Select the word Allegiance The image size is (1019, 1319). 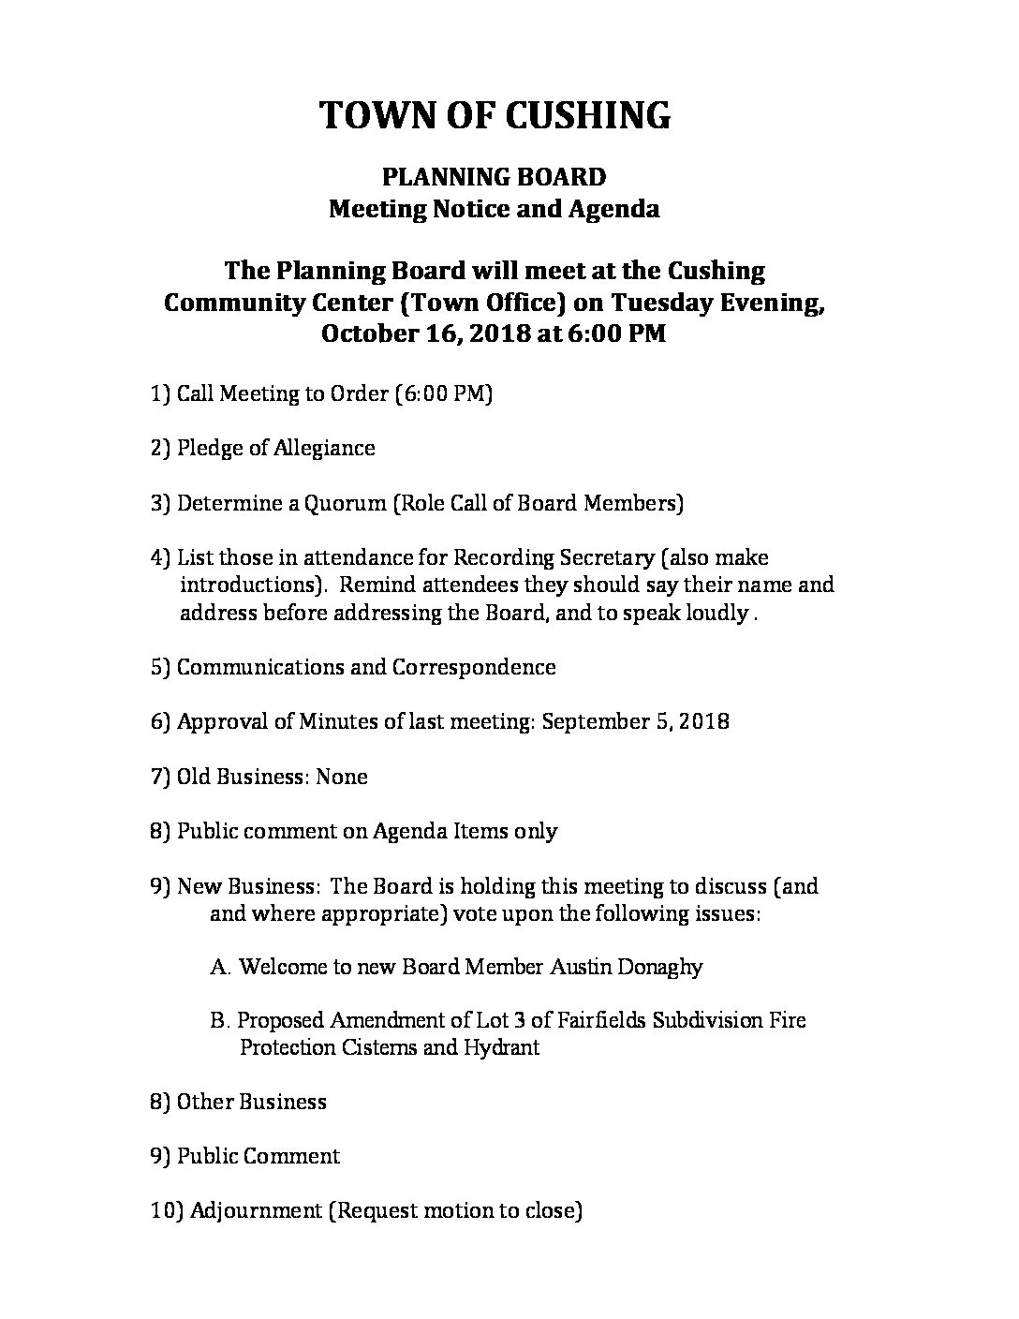click(324, 448)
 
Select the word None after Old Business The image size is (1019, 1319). click(342, 777)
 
